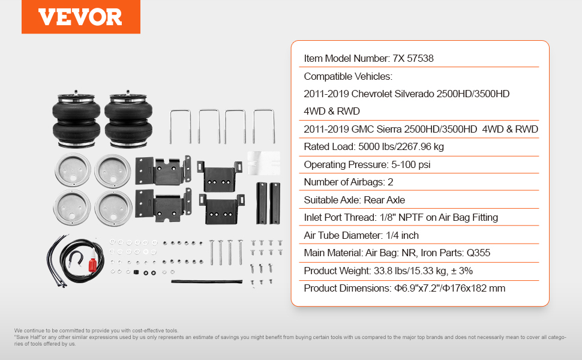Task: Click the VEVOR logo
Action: pos(80,17)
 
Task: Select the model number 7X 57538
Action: pos(413,59)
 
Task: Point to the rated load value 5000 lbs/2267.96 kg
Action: pos(401,147)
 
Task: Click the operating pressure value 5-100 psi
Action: pos(410,165)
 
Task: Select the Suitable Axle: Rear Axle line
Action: pos(354,200)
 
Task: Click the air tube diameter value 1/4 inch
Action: pos(402,236)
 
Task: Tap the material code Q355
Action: pos(478,253)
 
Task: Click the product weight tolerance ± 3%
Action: pos(462,271)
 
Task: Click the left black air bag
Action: pos(76,119)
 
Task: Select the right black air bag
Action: pos(128,119)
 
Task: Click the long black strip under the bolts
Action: pos(207,281)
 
